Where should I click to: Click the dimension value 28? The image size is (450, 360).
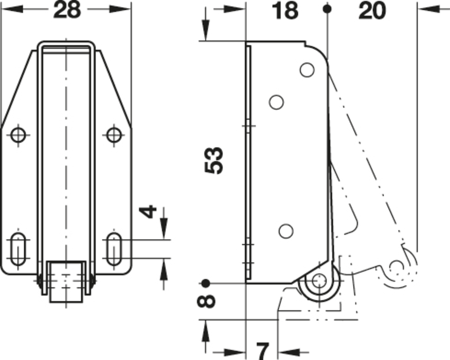pos(67,10)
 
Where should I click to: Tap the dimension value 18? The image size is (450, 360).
pos(285,11)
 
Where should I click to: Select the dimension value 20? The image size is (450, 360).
pos(372,11)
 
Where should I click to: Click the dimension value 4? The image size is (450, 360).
pos(148,211)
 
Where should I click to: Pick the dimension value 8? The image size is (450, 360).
pos(206,301)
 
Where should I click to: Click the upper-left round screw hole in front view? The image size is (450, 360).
pos(18,135)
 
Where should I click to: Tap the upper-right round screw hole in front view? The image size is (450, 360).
pos(114,135)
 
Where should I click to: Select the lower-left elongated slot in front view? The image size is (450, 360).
pos(18,249)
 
